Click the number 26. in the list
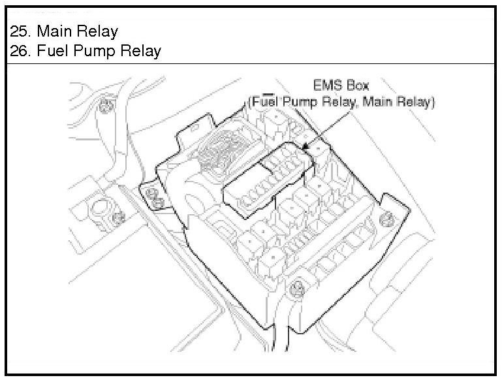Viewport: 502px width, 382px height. coord(21,51)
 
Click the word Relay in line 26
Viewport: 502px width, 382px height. coord(141,51)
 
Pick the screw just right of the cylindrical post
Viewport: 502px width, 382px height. coord(118,217)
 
